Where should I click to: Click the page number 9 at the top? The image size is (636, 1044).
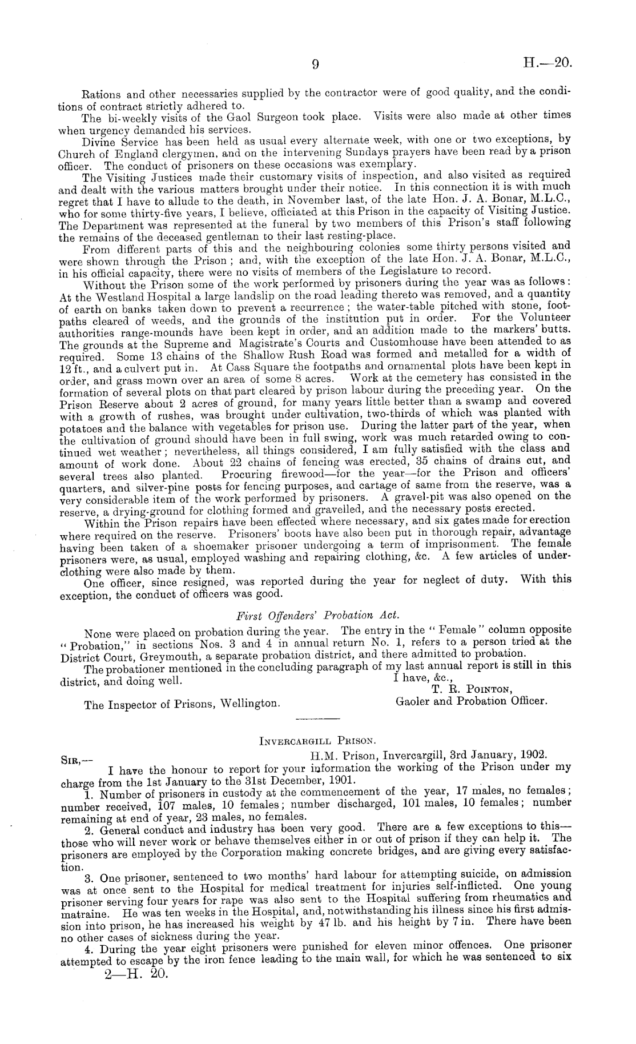tap(315, 65)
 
